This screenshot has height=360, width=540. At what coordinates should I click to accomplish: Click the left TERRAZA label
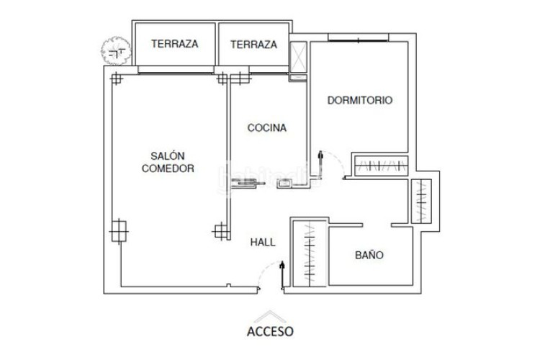[x=174, y=44]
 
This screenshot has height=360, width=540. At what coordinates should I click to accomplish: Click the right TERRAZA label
[x=253, y=44]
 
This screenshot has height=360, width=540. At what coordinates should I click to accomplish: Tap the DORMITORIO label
[x=359, y=101]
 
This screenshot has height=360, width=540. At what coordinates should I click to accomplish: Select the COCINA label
[x=267, y=128]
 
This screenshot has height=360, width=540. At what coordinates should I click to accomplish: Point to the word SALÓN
[x=168, y=156]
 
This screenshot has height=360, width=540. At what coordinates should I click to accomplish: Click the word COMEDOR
[x=168, y=168]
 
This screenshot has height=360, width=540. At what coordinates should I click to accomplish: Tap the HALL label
[x=263, y=243]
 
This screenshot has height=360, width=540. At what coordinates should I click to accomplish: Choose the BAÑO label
[x=369, y=256]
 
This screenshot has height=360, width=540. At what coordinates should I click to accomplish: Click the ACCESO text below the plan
[x=270, y=332]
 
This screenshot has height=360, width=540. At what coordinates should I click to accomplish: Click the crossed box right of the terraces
[x=298, y=55]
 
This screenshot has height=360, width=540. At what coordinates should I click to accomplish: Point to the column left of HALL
[x=222, y=230]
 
